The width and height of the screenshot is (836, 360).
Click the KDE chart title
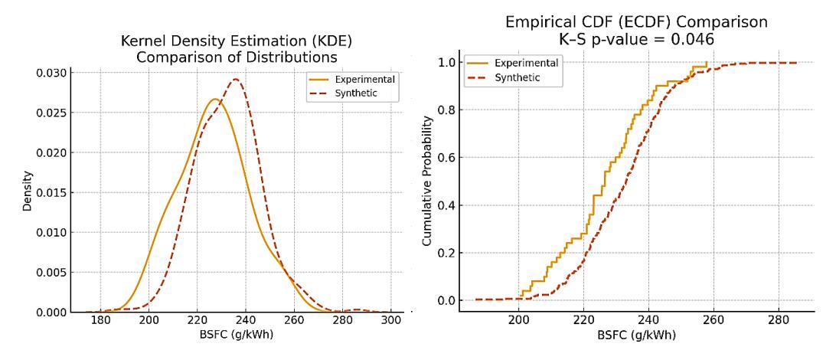pyautogui.click(x=237, y=49)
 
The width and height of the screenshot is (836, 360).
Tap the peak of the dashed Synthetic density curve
pyautogui.click(x=234, y=80)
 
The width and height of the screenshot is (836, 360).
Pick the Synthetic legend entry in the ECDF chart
pyautogui.click(x=508, y=77)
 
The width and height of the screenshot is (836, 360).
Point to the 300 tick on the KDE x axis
pyautogui.click(x=391, y=322)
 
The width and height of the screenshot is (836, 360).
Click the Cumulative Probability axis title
pyautogui.click(x=427, y=181)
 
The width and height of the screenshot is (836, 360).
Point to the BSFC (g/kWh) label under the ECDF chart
pyautogui.click(x=637, y=336)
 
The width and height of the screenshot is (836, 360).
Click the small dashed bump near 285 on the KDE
pyautogui.click(x=355, y=310)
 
